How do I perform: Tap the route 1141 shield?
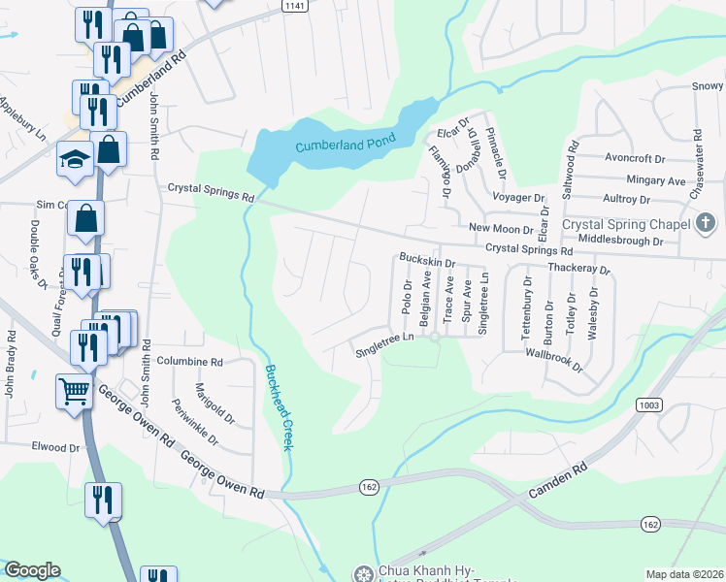tap(295, 5)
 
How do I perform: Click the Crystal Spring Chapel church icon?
tap(706, 224)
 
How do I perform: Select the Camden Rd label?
tap(558, 481)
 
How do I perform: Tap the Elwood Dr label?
tap(55, 447)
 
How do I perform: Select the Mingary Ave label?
tap(630, 180)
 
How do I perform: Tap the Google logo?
tap(32, 570)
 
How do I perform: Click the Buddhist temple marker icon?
tap(363, 574)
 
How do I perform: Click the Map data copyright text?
tap(684, 574)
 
